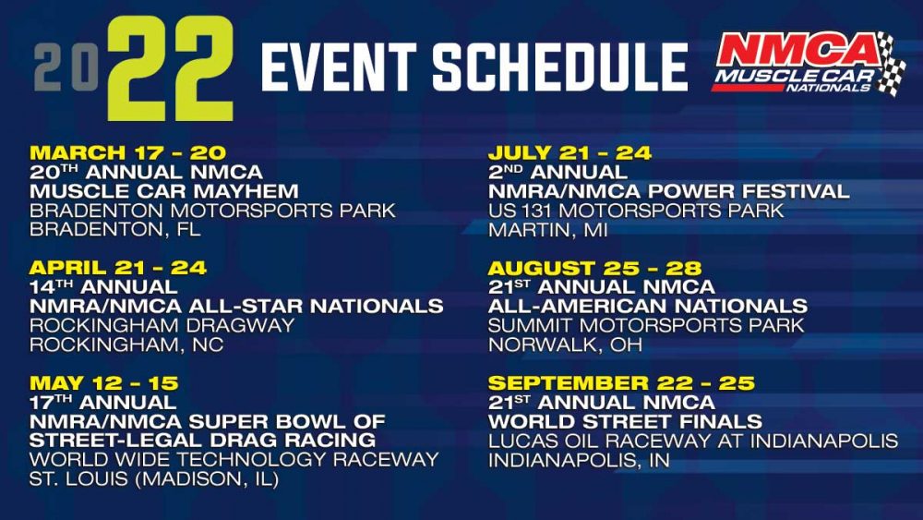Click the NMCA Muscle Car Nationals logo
[x=809, y=63]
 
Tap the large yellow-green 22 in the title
[x=171, y=68]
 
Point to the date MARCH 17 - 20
[x=127, y=152]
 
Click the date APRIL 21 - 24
[x=118, y=267]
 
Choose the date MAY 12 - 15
[x=103, y=382]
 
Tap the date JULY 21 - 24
[x=569, y=152]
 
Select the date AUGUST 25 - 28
[x=595, y=267]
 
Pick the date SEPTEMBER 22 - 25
[x=621, y=382]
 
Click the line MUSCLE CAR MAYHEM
[x=164, y=191]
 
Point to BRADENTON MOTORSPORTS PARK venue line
[x=212, y=211]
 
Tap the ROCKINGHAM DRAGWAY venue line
[x=162, y=325]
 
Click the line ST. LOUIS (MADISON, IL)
[x=154, y=478]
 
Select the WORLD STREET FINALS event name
[x=625, y=421]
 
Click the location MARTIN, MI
[x=547, y=230]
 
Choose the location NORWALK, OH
[x=565, y=345]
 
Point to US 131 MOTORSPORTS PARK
[x=636, y=211]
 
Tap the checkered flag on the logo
[x=892, y=65]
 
